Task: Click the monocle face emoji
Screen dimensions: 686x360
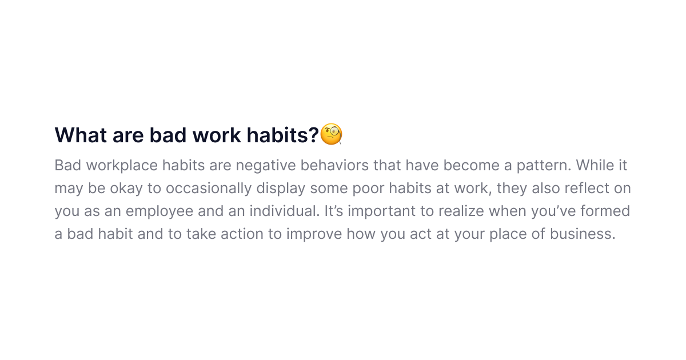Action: point(331,134)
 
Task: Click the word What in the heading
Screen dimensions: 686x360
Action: point(81,135)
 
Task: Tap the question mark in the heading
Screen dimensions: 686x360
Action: point(314,135)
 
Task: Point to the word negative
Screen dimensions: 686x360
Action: point(265,166)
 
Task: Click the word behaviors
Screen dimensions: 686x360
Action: point(334,165)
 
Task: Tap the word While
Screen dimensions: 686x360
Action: point(595,165)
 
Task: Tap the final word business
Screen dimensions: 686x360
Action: point(583,234)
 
